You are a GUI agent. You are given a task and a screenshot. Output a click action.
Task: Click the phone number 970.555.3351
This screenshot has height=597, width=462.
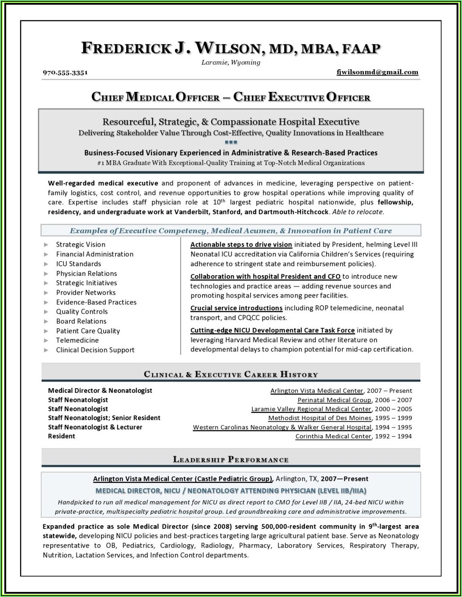65,72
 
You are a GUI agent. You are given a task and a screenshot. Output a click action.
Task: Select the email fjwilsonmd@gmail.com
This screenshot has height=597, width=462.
377,72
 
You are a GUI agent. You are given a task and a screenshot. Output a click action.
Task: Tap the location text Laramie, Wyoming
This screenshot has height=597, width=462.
231,63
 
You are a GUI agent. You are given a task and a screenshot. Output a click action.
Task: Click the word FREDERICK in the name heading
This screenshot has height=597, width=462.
126,48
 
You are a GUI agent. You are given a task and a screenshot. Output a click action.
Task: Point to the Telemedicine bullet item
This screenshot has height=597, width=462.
77,340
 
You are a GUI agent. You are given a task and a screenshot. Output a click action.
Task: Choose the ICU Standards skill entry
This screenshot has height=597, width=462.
79,264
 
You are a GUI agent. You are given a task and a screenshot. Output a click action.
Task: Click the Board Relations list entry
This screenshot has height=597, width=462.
81,321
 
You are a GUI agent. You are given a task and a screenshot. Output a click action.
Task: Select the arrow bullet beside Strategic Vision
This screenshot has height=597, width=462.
46,244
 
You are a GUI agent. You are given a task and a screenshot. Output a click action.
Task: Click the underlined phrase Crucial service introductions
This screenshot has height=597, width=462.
236,308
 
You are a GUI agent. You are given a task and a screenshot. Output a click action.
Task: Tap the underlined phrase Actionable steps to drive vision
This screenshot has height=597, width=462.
241,244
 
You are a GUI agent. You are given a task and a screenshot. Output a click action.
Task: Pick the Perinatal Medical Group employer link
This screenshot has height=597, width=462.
334,400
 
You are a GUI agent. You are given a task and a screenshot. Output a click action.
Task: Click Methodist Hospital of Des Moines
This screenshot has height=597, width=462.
320,418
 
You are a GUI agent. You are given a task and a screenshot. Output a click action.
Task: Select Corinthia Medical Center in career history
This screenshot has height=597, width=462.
333,436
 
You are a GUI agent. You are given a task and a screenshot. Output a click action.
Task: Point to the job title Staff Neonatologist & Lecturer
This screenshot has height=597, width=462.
95,427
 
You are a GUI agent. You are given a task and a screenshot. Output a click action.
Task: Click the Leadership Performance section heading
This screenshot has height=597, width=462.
231,459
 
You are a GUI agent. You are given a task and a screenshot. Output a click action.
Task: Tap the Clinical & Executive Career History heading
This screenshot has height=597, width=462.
231,374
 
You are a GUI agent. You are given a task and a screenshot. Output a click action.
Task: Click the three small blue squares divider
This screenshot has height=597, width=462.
231,142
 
